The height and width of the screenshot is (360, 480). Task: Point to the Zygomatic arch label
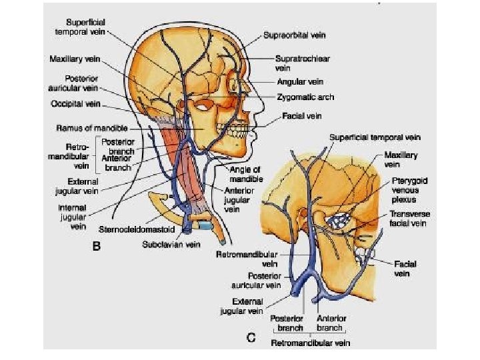pyautogui.click(x=306, y=97)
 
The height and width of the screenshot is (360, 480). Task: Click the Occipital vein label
pyautogui.click(x=75, y=104)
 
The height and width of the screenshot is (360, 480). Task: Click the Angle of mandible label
pyautogui.click(x=247, y=175)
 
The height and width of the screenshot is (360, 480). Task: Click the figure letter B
pyautogui.click(x=96, y=246)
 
